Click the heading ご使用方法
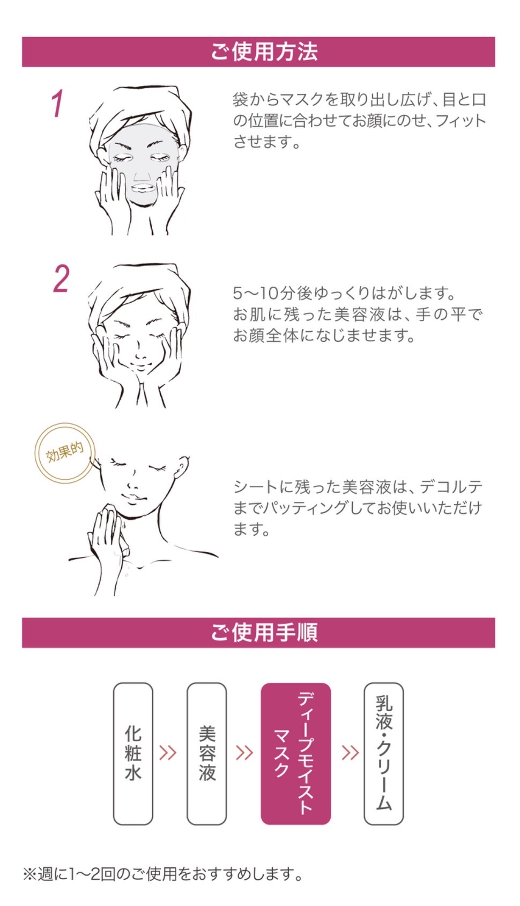click(x=264, y=52)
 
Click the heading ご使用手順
click(x=264, y=633)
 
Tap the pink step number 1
click(x=58, y=104)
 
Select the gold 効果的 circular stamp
click(x=65, y=453)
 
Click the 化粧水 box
click(x=133, y=754)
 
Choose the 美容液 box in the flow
click(x=206, y=754)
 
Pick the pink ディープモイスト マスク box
click(x=296, y=754)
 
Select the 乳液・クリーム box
click(x=384, y=754)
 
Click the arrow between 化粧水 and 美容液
click(x=168, y=752)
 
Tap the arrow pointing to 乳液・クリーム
click(x=350, y=752)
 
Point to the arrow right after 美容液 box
click(x=244, y=752)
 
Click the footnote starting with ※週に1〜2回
click(x=162, y=874)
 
